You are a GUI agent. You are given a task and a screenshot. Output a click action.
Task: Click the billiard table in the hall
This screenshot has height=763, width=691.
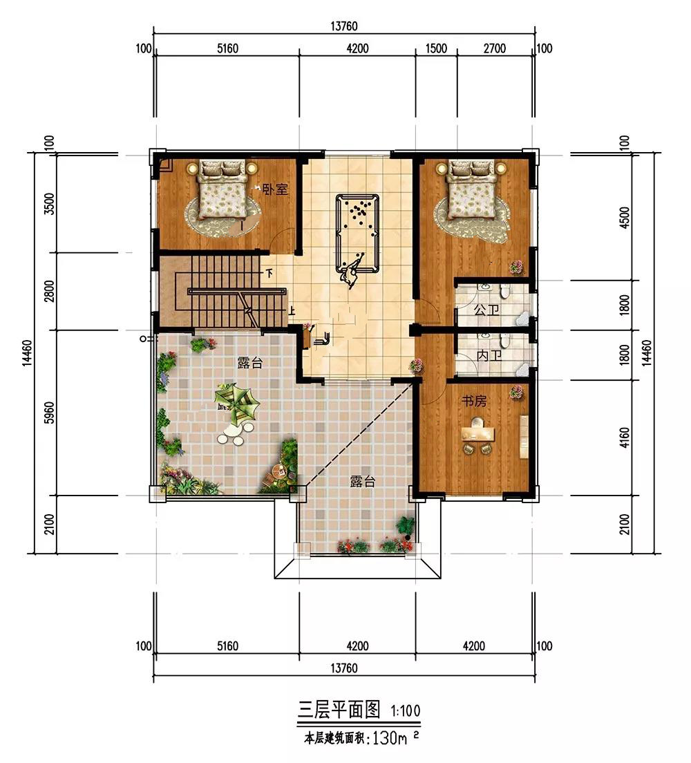pyautogui.click(x=357, y=234)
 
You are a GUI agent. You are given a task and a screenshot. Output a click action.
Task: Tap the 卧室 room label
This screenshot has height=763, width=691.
pyautogui.click(x=276, y=189)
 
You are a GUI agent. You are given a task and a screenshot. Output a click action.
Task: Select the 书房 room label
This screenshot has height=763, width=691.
pyautogui.click(x=474, y=401)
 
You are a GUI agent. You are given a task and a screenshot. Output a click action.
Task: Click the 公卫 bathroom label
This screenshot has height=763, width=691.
pyautogui.click(x=486, y=310)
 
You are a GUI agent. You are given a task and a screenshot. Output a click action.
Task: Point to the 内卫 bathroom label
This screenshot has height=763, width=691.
pyautogui.click(x=489, y=356)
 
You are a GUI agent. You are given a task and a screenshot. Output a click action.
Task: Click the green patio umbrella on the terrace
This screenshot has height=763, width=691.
pyautogui.click(x=237, y=402)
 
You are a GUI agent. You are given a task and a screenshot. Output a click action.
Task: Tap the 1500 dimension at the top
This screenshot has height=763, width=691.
pyautogui.click(x=436, y=48)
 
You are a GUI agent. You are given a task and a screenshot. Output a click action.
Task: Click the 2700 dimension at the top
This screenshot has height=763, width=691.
pyautogui.click(x=494, y=48)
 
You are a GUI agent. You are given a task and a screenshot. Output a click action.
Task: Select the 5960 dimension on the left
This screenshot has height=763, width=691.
pyautogui.click(x=49, y=412)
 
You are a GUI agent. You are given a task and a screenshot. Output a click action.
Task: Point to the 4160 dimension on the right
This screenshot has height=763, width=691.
pyautogui.click(x=625, y=439)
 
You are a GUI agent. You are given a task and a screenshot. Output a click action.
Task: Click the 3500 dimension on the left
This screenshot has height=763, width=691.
pyautogui.click(x=49, y=205)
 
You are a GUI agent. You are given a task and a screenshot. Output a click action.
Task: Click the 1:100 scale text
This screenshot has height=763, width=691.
pyautogui.click(x=406, y=711)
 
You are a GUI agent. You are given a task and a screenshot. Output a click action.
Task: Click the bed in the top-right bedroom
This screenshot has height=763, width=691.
pyautogui.click(x=471, y=190)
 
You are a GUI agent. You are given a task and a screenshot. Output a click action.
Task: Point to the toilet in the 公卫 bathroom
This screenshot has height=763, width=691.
pyautogui.click(x=505, y=291)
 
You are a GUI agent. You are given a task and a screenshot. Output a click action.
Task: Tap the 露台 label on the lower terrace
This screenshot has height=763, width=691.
pyautogui.click(x=363, y=482)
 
